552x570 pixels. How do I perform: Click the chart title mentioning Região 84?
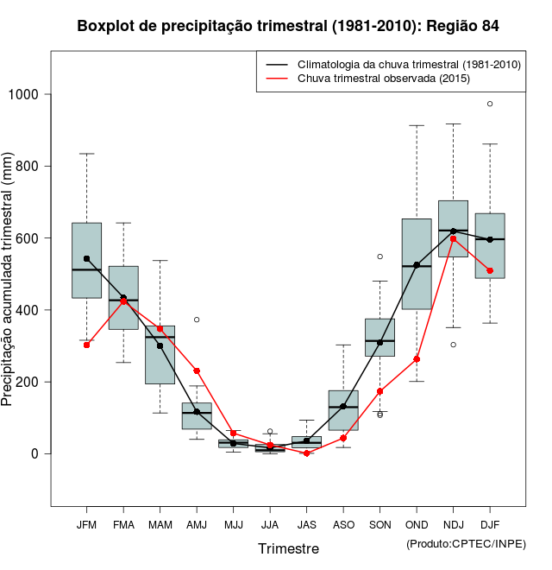pos(288,26)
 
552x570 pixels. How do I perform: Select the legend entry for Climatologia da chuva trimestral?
pos(409,65)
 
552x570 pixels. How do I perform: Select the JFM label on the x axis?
pos(86,525)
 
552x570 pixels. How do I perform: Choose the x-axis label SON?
pos(379,525)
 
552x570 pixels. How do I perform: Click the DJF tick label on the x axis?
pos(490,525)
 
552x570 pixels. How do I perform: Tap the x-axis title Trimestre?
pos(288,548)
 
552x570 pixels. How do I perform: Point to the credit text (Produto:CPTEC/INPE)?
pos(466,543)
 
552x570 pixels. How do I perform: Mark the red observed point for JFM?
pos(86,345)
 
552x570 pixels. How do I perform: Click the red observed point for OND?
pos(417,359)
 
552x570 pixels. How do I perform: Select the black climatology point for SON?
pos(379,342)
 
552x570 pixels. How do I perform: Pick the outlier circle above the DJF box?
pos(490,104)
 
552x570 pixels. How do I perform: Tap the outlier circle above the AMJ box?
pos(197,320)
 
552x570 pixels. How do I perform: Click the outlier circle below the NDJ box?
pos(453,345)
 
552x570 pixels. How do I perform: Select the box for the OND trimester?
pos(417,263)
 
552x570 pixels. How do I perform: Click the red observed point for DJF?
pos(490,270)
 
